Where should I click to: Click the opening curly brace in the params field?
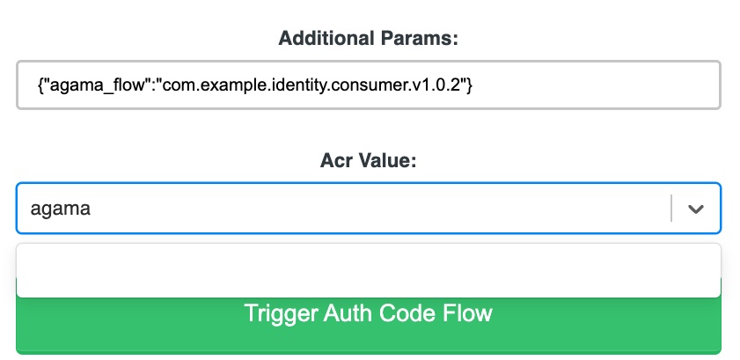tap(40, 86)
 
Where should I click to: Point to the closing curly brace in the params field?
tap(469, 86)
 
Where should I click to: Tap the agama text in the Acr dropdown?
tap(61, 209)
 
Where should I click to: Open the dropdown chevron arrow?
tap(696, 209)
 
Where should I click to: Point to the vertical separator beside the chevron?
tap(671, 208)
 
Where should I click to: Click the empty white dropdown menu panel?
tap(369, 270)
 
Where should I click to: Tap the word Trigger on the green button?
tap(281, 313)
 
